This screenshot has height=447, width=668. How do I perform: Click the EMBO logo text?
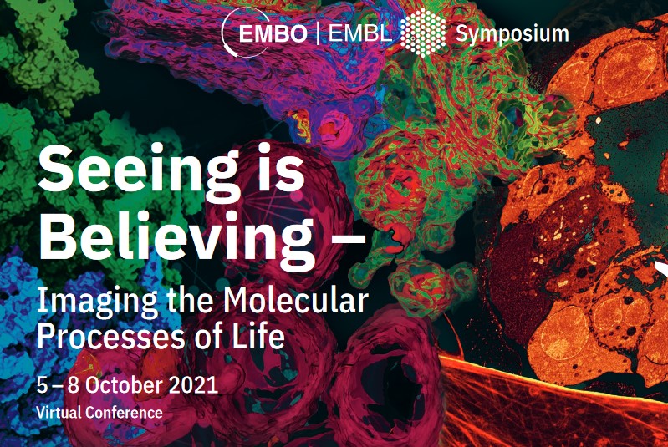pyautogui.click(x=273, y=33)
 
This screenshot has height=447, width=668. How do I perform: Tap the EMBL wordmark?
pyautogui.click(x=360, y=33)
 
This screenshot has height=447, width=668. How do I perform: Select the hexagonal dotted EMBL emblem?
pyautogui.click(x=423, y=33)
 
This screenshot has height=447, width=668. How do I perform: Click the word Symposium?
pyautogui.click(x=512, y=34)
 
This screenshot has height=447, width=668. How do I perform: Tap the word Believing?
pyautogui.click(x=176, y=239)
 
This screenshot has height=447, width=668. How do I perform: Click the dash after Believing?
pyautogui.click(x=348, y=239)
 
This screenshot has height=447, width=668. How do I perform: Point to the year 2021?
pyautogui.click(x=194, y=385)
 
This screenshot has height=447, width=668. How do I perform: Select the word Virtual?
pyautogui.click(x=59, y=412)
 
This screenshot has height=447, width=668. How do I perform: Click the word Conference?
pyautogui.click(x=124, y=412)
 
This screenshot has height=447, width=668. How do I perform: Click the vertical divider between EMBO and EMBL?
pyautogui.click(x=318, y=33)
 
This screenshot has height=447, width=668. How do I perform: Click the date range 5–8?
pyautogui.click(x=58, y=385)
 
